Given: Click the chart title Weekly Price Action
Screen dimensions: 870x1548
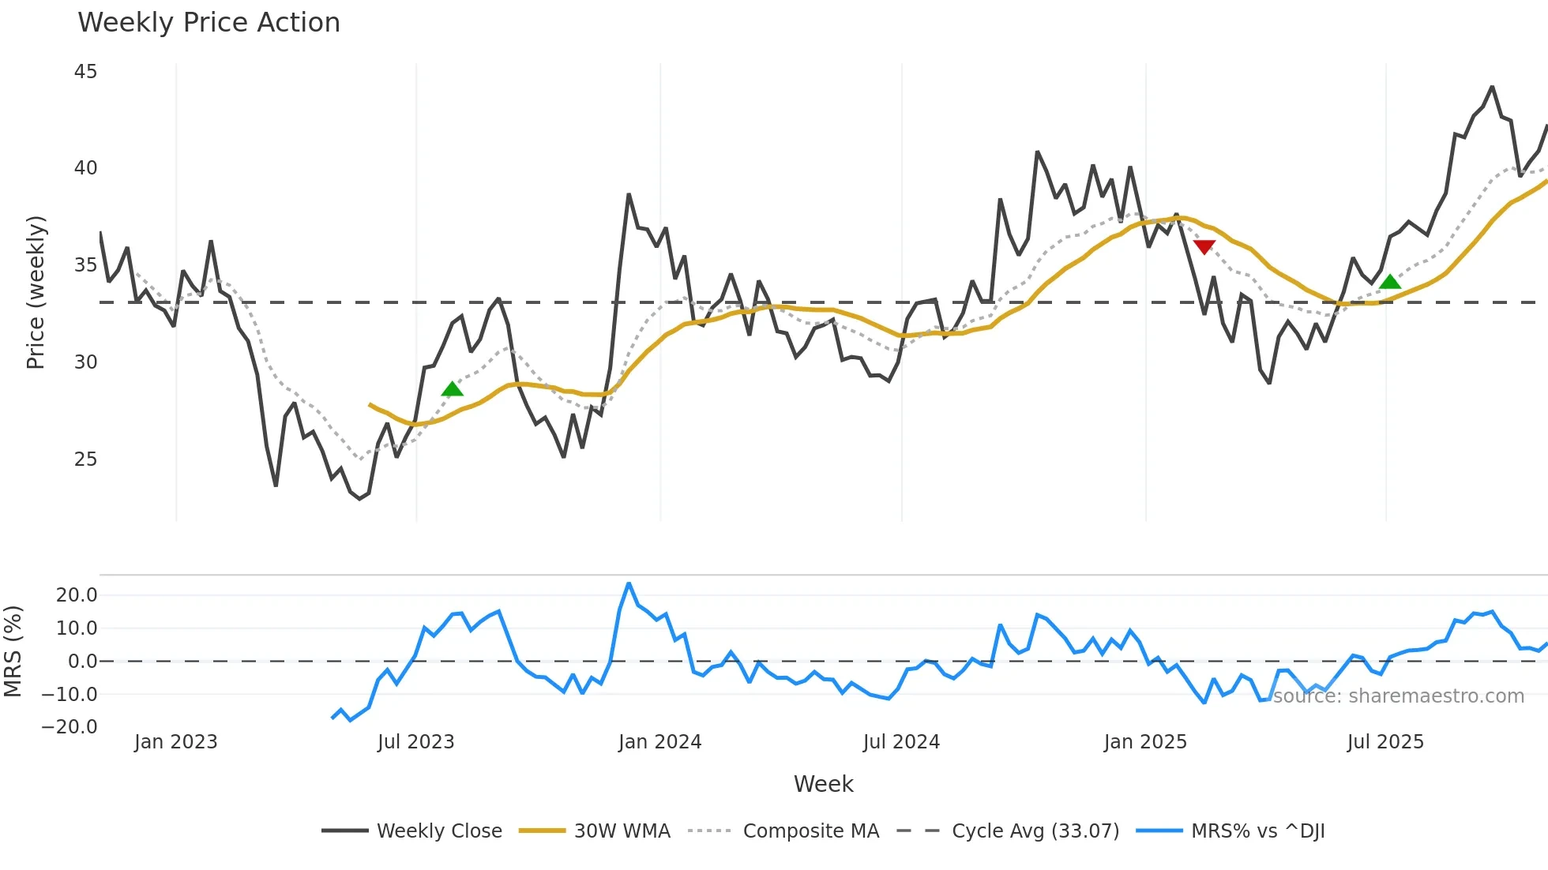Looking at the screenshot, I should click(x=209, y=22).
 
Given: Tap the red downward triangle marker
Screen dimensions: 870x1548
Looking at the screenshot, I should click(x=1204, y=247).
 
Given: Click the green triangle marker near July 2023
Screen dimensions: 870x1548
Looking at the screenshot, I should click(x=452, y=388).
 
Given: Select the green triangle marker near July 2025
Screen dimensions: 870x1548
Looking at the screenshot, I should click(x=1390, y=281).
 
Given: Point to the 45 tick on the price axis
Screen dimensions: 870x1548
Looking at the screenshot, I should click(x=85, y=72).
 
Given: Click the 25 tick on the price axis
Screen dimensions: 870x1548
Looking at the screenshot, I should click(x=85, y=459).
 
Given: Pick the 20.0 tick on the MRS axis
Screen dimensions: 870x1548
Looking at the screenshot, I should click(x=77, y=595).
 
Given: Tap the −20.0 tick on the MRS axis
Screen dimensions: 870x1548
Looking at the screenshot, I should click(x=70, y=727).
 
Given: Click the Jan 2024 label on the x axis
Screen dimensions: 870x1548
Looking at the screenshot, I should click(x=659, y=742).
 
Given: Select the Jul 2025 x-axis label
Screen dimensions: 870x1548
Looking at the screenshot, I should click(x=1385, y=742).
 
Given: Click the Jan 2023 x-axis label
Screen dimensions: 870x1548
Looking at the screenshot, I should click(x=175, y=742).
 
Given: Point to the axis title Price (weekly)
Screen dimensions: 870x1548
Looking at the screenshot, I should click(x=36, y=292).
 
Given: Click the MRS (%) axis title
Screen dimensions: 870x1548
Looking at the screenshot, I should click(x=13, y=651).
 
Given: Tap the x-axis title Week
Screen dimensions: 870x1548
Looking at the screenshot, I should click(x=823, y=784).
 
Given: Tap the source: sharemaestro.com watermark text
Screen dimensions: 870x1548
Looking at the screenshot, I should click(x=1398, y=696).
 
